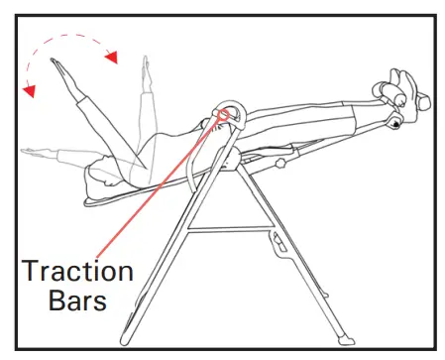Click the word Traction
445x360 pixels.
coord(77,269)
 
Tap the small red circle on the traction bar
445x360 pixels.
coord(223,115)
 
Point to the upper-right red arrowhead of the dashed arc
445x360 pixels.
coord(112,57)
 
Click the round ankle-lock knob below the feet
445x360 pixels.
coord(394,123)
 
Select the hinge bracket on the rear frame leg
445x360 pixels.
coord(275,244)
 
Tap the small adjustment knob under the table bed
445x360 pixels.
coord(281,162)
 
